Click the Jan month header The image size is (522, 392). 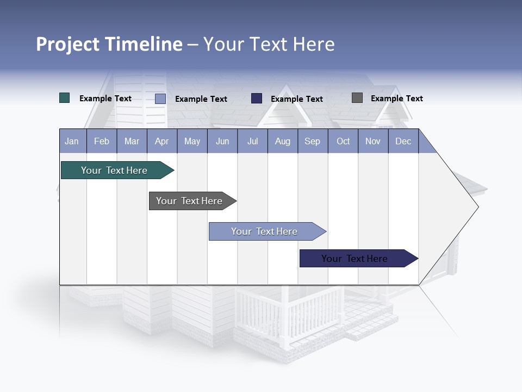[72, 141]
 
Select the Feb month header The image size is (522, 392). [102, 141]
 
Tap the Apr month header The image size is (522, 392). [162, 141]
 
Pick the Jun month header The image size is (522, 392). [222, 141]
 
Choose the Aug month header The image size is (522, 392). [283, 141]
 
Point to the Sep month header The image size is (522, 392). [313, 141]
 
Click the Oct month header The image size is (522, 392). [343, 141]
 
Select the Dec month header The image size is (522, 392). [403, 141]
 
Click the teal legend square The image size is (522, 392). [65, 98]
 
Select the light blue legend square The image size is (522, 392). [160, 99]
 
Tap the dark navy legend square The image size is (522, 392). [257, 99]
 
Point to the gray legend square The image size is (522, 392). [357, 98]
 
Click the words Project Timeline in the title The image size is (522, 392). [109, 44]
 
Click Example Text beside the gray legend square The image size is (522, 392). [396, 99]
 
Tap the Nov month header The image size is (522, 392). [373, 141]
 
